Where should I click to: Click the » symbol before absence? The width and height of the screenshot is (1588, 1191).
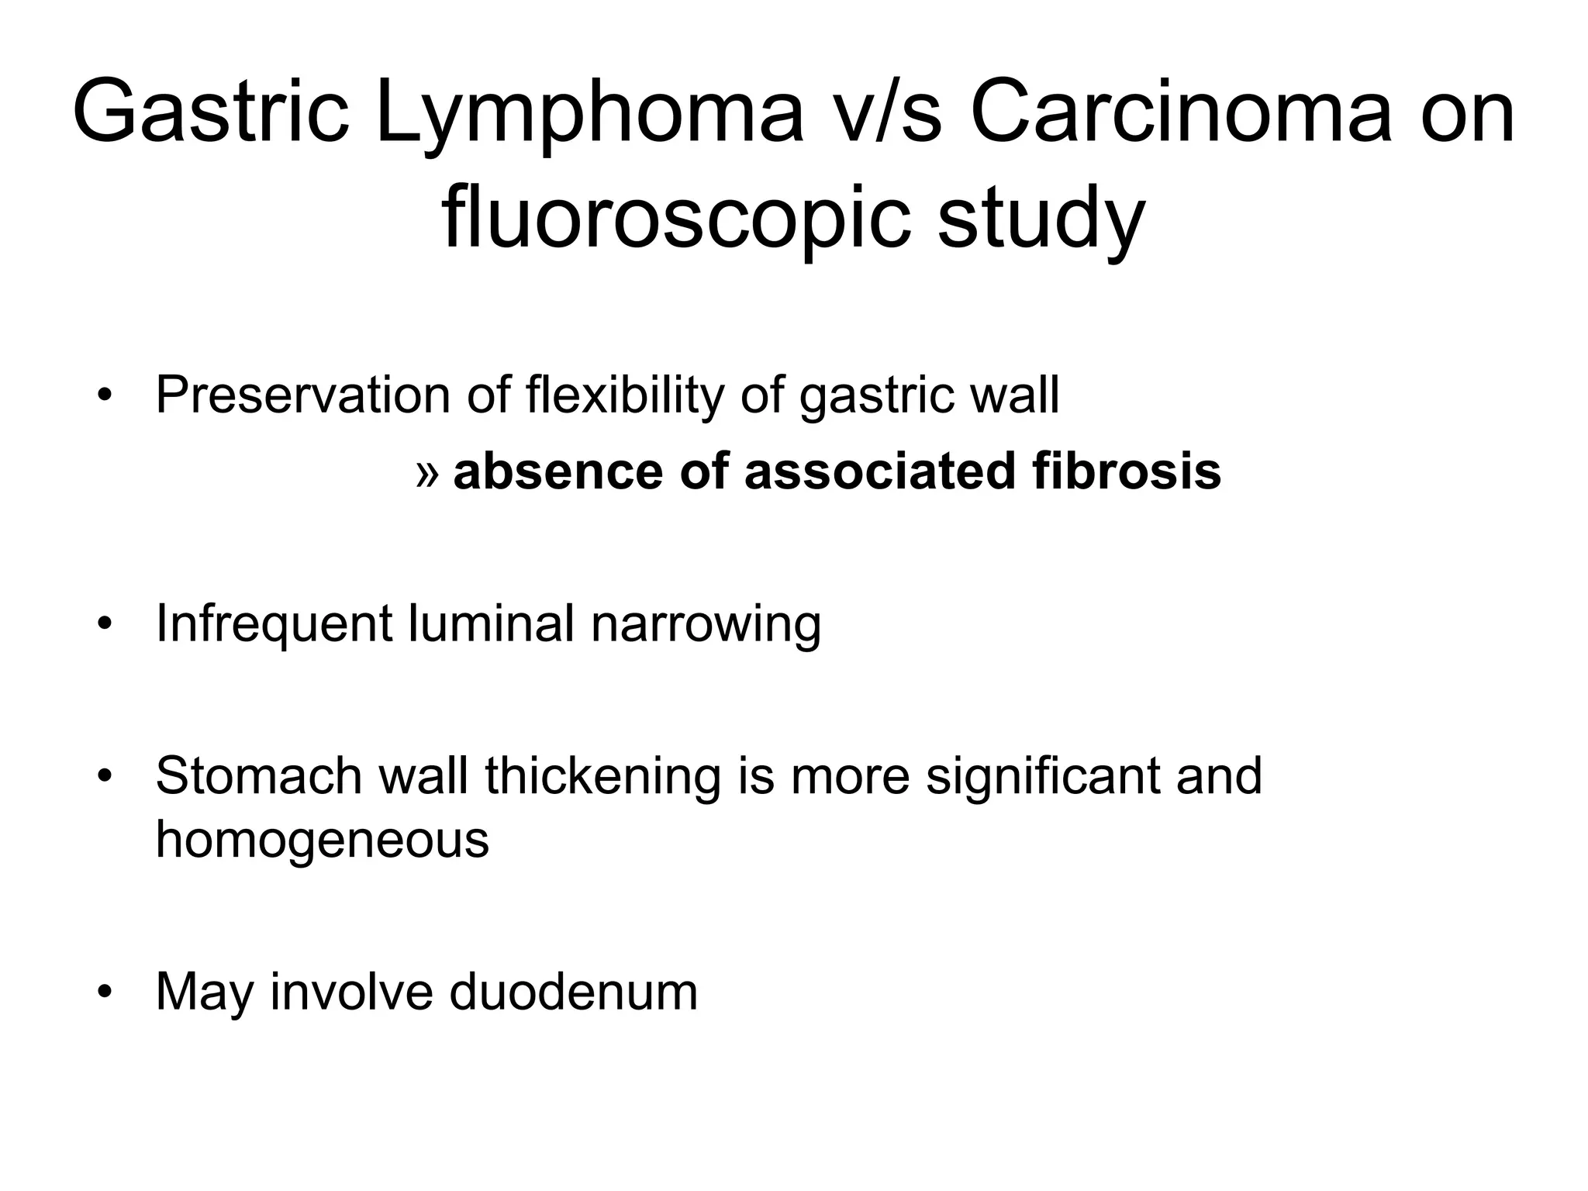(x=426, y=473)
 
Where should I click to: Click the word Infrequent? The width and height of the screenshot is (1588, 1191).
(x=274, y=624)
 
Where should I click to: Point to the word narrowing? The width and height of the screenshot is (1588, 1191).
(x=706, y=624)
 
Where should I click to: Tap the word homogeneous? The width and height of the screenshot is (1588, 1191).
(x=323, y=839)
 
